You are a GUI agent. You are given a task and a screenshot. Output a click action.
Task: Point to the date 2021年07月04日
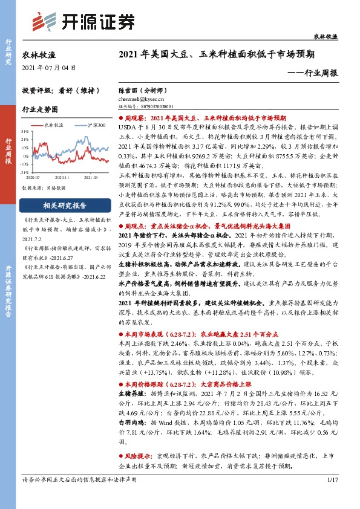tap(46, 68)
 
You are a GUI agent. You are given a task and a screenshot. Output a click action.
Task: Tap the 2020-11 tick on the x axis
tap(65, 177)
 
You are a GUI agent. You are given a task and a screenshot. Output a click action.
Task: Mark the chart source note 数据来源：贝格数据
tap(39, 188)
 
